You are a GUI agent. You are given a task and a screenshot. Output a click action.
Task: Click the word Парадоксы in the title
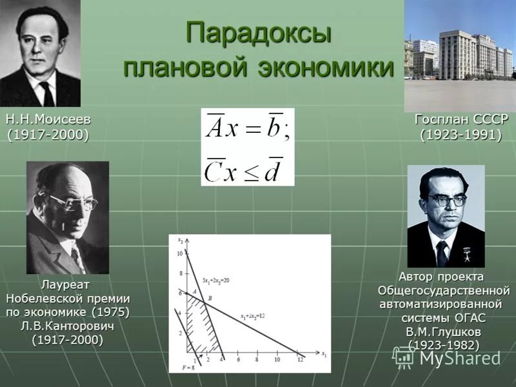click(259, 34)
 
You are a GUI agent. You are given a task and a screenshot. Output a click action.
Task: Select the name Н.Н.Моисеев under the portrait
click(48, 120)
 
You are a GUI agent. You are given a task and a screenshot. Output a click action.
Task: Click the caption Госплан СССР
click(461, 120)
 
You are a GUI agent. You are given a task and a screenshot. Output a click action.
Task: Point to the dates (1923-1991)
click(461, 135)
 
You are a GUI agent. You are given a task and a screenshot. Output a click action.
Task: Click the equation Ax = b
click(248, 130)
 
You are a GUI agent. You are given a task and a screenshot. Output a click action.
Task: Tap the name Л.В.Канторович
click(68, 326)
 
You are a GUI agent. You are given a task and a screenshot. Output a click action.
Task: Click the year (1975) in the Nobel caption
click(110, 312)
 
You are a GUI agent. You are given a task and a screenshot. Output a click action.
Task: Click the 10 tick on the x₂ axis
click(181, 254)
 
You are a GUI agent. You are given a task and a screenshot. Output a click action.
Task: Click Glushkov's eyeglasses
click(445, 201)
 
